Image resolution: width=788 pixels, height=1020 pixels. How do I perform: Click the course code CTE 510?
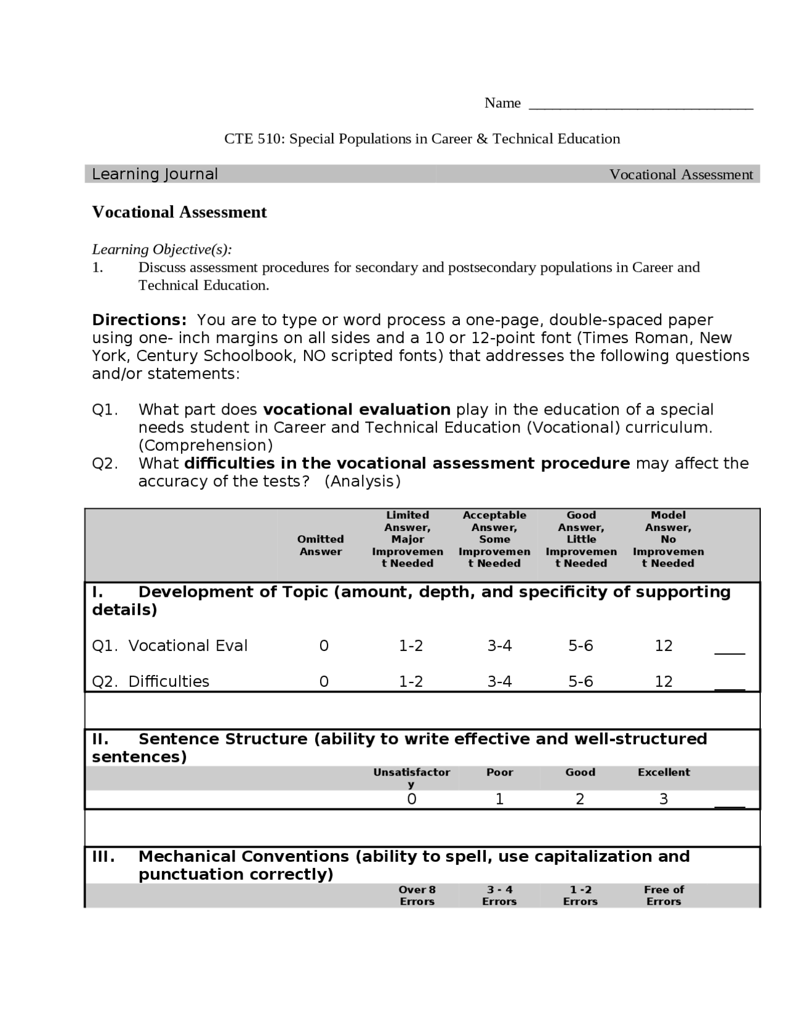click(252, 139)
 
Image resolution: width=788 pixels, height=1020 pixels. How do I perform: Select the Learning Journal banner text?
click(155, 174)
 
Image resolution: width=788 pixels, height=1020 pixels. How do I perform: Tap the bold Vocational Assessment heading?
click(179, 212)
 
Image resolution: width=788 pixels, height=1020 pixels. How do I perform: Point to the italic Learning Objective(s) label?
click(162, 249)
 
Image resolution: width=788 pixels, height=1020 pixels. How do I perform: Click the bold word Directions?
click(139, 320)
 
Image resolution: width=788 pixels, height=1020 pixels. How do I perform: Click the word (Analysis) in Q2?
click(362, 481)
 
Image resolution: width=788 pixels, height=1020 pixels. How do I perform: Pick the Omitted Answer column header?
click(320, 545)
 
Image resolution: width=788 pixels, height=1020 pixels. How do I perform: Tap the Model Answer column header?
click(668, 539)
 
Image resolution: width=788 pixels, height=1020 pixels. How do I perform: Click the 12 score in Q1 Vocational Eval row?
click(664, 646)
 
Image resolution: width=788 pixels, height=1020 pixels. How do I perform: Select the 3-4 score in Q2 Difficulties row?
click(499, 681)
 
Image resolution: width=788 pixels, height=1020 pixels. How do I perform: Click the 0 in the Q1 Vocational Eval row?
click(324, 646)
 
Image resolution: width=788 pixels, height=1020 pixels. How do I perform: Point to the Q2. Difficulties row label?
click(151, 681)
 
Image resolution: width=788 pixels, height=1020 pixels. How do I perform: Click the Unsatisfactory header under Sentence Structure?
click(411, 777)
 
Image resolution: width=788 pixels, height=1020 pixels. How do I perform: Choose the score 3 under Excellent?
click(664, 799)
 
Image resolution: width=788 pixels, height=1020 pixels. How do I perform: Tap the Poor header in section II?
click(499, 772)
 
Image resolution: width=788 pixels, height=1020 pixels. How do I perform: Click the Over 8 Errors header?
click(417, 895)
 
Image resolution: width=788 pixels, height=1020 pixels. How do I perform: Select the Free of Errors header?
click(664, 895)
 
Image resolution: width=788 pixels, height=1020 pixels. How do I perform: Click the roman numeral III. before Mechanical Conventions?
click(103, 856)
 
